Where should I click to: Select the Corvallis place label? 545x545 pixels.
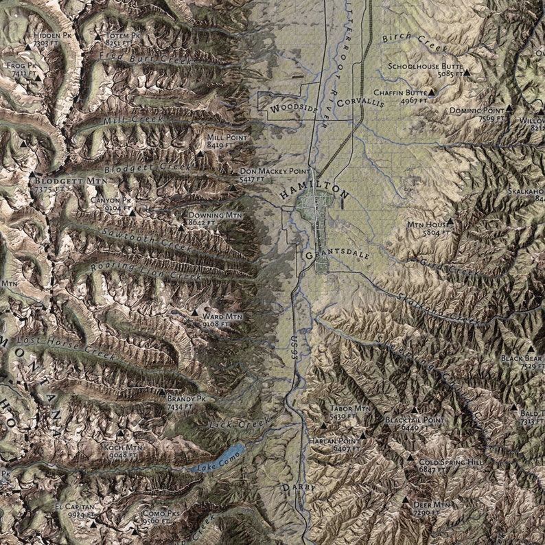[360, 100]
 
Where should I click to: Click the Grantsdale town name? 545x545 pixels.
[337, 255]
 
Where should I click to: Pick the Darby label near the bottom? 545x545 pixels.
[298, 487]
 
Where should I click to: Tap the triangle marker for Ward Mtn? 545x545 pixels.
[194, 315]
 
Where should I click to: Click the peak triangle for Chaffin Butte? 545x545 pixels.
[432, 92]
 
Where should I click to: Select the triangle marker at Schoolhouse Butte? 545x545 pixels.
[467, 72]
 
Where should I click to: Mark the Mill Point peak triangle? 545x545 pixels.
[200, 154]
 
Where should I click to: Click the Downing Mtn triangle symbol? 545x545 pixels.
[182, 224]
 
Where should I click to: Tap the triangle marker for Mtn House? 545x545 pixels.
[450, 222]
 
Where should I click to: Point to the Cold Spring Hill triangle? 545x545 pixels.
[411, 456]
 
